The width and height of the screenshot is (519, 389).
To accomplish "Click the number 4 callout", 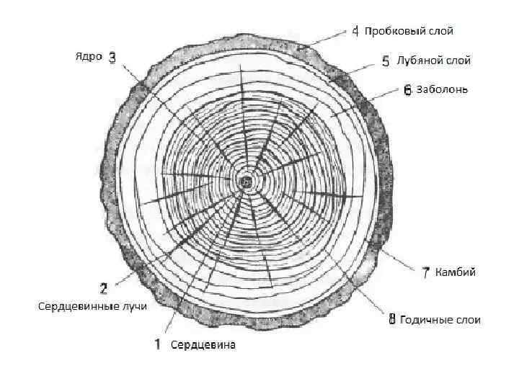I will tap(355, 32).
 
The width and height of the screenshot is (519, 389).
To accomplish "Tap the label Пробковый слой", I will tap(409, 32).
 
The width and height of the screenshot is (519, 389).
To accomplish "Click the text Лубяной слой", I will tap(434, 61).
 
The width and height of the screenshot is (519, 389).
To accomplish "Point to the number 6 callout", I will tap(407, 90).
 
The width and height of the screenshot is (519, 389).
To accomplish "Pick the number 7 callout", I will tap(426, 272).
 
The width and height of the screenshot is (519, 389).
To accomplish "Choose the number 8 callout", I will tap(392, 320).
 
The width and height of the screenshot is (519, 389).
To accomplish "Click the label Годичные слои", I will tap(440, 320).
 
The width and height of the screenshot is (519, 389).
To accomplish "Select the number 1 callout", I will tap(156, 344).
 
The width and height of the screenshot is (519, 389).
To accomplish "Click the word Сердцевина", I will tap(203, 345).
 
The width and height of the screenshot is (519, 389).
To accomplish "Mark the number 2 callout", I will tap(103, 290).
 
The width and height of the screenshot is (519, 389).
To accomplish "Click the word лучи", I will tap(135, 306).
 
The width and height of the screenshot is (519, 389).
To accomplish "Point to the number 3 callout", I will tap(112, 57).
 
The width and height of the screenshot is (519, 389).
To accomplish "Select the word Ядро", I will tap(89, 57).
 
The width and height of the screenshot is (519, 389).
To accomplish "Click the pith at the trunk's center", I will tap(247, 181).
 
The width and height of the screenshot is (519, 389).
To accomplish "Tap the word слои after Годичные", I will tap(467, 320).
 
